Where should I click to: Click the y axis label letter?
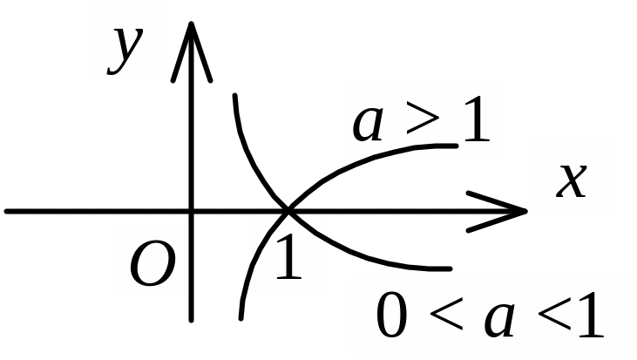click(x=125, y=50)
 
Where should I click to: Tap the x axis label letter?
click(x=571, y=181)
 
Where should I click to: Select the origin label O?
click(x=152, y=266)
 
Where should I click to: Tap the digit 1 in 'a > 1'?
click(x=476, y=122)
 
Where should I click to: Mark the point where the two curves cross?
click(x=288, y=210)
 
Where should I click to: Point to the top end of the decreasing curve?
click(x=234, y=94)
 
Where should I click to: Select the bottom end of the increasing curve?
click(x=241, y=317)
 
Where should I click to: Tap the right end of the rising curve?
click(x=456, y=144)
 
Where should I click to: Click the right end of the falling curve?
click(x=450, y=268)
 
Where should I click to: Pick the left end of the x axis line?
click(x=6, y=211)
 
